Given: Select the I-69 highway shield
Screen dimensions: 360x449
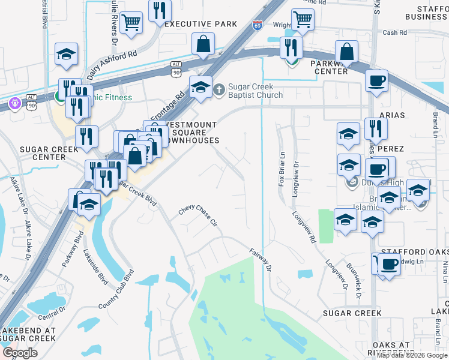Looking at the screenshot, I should (258, 25).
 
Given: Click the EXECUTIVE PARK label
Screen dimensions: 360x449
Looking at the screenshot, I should (200, 24).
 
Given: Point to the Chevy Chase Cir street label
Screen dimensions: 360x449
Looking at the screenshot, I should (197, 217).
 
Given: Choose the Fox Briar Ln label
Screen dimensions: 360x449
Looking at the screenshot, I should (281, 171).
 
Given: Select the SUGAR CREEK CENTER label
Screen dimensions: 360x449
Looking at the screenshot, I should (42, 153).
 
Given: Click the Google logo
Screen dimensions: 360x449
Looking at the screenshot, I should (20, 353).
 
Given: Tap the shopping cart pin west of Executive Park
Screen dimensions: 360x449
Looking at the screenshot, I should (131, 24).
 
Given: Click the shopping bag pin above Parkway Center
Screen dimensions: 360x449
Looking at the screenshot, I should (347, 51).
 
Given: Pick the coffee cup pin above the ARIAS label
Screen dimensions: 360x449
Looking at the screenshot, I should (376, 80).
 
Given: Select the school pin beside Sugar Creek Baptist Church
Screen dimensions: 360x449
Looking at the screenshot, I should (200, 88).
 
